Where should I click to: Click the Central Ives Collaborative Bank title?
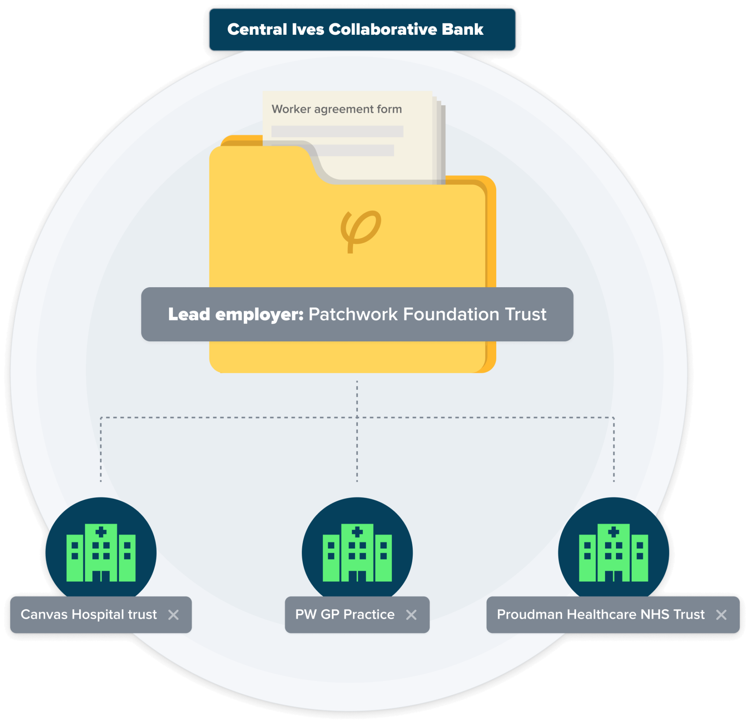pos(355,29)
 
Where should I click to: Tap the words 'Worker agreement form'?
pos(337,109)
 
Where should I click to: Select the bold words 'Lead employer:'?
pos(236,314)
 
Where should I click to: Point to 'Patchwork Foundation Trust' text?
pos(427,314)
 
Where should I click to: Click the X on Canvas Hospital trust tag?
pos(173,615)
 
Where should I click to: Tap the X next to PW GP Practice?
pos(411,615)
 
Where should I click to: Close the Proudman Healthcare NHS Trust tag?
pos(721,615)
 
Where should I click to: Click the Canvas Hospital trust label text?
pos(89,614)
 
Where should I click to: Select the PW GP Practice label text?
pos(345,614)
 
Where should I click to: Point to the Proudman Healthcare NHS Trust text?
pos(601,614)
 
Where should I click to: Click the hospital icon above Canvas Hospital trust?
pos(101,552)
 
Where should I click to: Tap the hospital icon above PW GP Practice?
pos(357,552)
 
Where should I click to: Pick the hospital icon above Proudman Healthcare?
pos(613,552)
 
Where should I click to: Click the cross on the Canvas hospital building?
pos(101,532)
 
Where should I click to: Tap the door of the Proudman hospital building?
pos(613,576)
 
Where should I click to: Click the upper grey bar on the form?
pos(337,131)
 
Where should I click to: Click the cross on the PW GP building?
pos(357,532)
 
